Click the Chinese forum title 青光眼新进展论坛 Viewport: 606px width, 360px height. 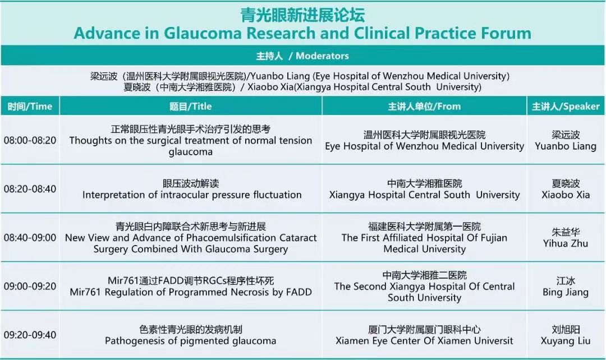(x=302, y=15)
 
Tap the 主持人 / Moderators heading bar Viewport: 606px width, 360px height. (x=302, y=56)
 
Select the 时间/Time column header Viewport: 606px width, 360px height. (x=30, y=106)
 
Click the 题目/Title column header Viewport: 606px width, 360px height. (x=191, y=106)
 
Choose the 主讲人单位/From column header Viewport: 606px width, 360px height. (x=424, y=106)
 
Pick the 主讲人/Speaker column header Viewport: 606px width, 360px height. (x=566, y=106)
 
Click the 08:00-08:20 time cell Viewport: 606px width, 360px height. (x=30, y=140)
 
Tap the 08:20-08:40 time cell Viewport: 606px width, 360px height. (x=30, y=189)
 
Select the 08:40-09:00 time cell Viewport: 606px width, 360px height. (x=30, y=238)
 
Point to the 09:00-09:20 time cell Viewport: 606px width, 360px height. (x=30, y=286)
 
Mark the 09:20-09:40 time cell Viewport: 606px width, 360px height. (x=30, y=335)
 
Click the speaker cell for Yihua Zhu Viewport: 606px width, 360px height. (x=566, y=238)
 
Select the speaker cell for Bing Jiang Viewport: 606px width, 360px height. (x=566, y=286)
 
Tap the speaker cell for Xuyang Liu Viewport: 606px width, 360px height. (x=566, y=335)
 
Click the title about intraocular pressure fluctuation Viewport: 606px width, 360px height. (x=192, y=195)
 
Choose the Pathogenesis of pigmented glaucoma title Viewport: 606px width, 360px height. (x=191, y=341)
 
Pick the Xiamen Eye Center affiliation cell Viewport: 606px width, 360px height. (x=424, y=335)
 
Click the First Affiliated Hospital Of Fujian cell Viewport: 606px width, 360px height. (x=424, y=238)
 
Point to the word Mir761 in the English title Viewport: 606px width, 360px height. (x=86, y=292)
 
